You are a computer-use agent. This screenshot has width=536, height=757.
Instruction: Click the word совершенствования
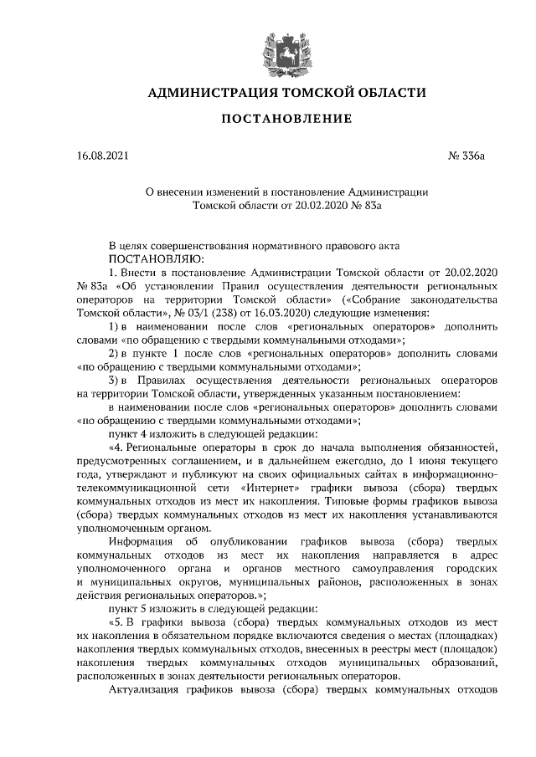click(212, 245)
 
